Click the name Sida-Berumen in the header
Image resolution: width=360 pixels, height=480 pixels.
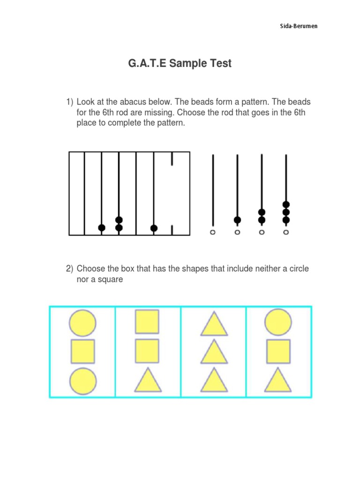pyautogui.click(x=299, y=26)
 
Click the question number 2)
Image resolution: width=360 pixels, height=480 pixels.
pyautogui.click(x=70, y=269)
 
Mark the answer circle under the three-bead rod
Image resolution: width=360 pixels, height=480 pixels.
pyautogui.click(x=286, y=232)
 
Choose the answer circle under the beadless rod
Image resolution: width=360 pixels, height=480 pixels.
pyautogui.click(x=213, y=232)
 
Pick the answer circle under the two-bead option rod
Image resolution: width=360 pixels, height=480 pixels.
pyautogui.click(x=262, y=232)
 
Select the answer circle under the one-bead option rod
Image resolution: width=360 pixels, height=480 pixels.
pyautogui.click(x=237, y=232)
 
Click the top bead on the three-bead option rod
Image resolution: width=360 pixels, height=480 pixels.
pyautogui.click(x=286, y=204)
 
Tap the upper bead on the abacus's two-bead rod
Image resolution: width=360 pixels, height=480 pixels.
pyautogui.click(x=119, y=220)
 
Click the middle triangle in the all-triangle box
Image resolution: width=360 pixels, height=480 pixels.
pyautogui.click(x=214, y=352)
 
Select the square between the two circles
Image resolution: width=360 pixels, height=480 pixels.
pyautogui.click(x=83, y=351)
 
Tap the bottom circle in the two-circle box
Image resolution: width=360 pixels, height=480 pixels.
pyautogui.click(x=83, y=380)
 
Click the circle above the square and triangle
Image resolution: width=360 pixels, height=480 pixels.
pyautogui.click(x=278, y=322)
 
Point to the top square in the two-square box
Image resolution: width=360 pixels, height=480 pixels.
pyautogui.click(x=147, y=322)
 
